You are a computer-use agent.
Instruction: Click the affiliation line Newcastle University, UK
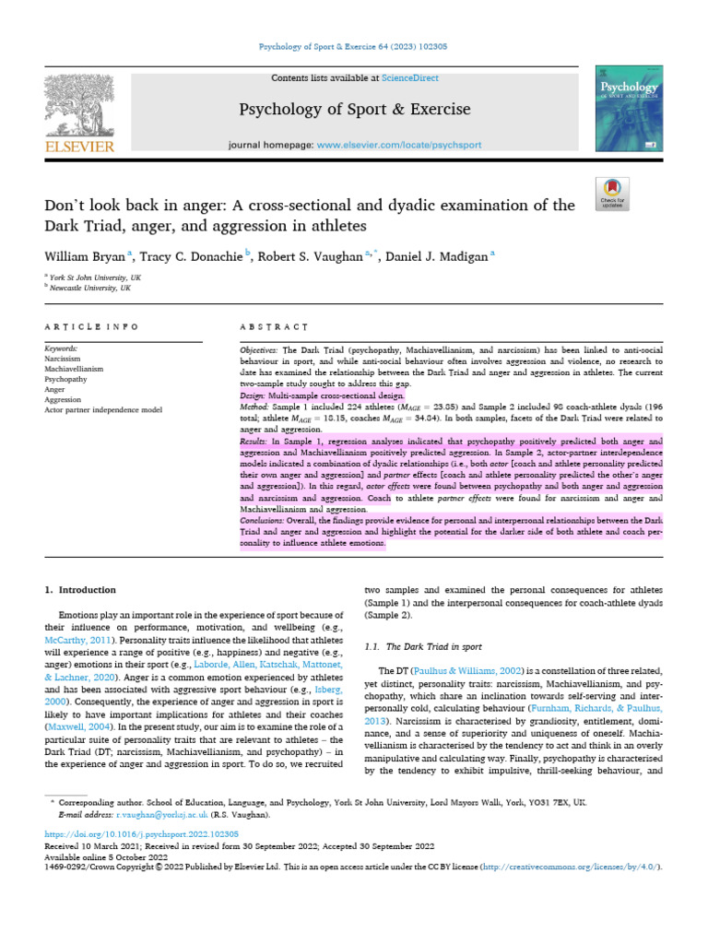click(91, 288)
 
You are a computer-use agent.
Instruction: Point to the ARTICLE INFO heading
click(92, 326)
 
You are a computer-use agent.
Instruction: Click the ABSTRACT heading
click(273, 326)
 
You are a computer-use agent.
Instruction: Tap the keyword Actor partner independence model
click(103, 409)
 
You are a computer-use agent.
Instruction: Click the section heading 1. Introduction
click(81, 589)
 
